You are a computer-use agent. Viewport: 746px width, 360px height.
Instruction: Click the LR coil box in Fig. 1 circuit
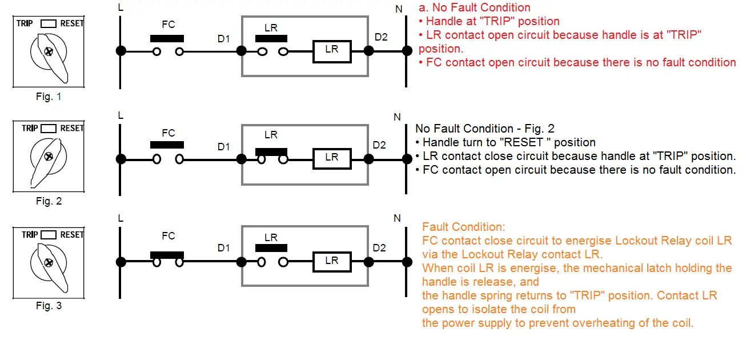332,51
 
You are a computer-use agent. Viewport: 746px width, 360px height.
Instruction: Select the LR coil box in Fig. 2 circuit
332,158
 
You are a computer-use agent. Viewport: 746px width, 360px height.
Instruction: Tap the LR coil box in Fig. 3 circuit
332,261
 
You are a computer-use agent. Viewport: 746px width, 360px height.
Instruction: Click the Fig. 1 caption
49,97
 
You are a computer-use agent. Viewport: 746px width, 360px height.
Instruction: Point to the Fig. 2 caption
49,201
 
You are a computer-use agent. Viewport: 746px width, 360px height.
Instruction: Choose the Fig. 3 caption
49,306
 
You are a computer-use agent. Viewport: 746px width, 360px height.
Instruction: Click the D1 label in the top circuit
223,39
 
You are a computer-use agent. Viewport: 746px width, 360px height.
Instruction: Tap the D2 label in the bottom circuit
379,248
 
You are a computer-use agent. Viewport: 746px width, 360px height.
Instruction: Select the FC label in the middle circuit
168,133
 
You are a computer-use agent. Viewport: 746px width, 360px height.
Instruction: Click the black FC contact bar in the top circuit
167,38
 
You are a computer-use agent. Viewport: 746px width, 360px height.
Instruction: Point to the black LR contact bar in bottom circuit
271,249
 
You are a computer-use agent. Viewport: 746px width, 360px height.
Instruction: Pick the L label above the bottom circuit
120,218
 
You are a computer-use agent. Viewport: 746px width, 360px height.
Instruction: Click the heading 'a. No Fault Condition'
474,7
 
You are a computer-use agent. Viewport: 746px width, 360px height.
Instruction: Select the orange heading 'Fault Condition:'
464,227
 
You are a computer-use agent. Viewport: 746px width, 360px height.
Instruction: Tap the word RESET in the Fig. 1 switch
72,23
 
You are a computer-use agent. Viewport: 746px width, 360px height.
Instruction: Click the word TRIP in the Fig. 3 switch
30,234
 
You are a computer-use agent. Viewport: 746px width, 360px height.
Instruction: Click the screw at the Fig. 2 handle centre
49,157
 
